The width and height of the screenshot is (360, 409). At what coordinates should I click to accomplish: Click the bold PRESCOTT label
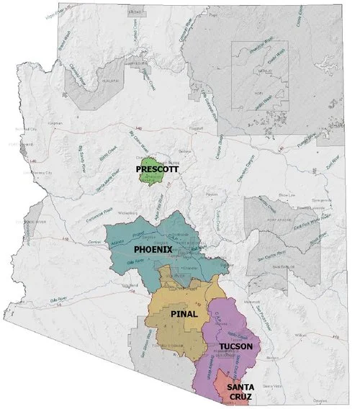pyautogui.click(x=156, y=169)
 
